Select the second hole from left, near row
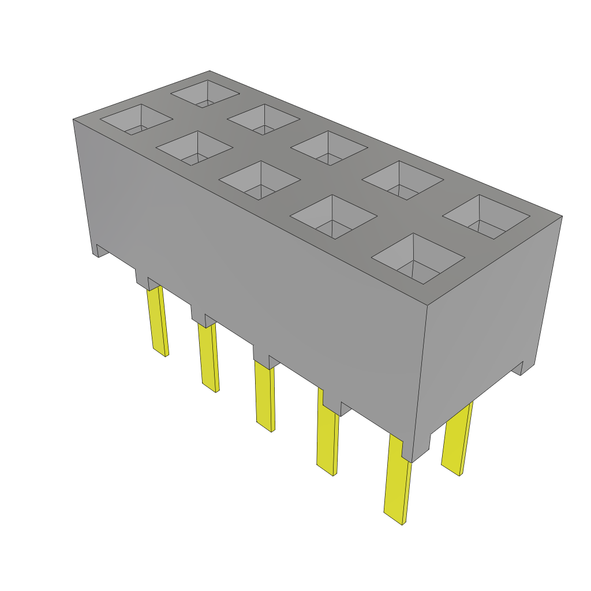[194, 148]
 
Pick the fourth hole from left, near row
[333, 216]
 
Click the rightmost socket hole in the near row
[418, 258]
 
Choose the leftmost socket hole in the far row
[205, 93]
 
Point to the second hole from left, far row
[263, 119]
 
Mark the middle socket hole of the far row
[329, 148]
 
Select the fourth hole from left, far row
[402, 180]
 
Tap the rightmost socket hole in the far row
[486, 216]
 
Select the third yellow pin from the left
[265, 395]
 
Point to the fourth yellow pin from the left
[327, 439]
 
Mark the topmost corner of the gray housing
[210, 71]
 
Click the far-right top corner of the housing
[562, 216]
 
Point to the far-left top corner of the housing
[73, 119]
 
